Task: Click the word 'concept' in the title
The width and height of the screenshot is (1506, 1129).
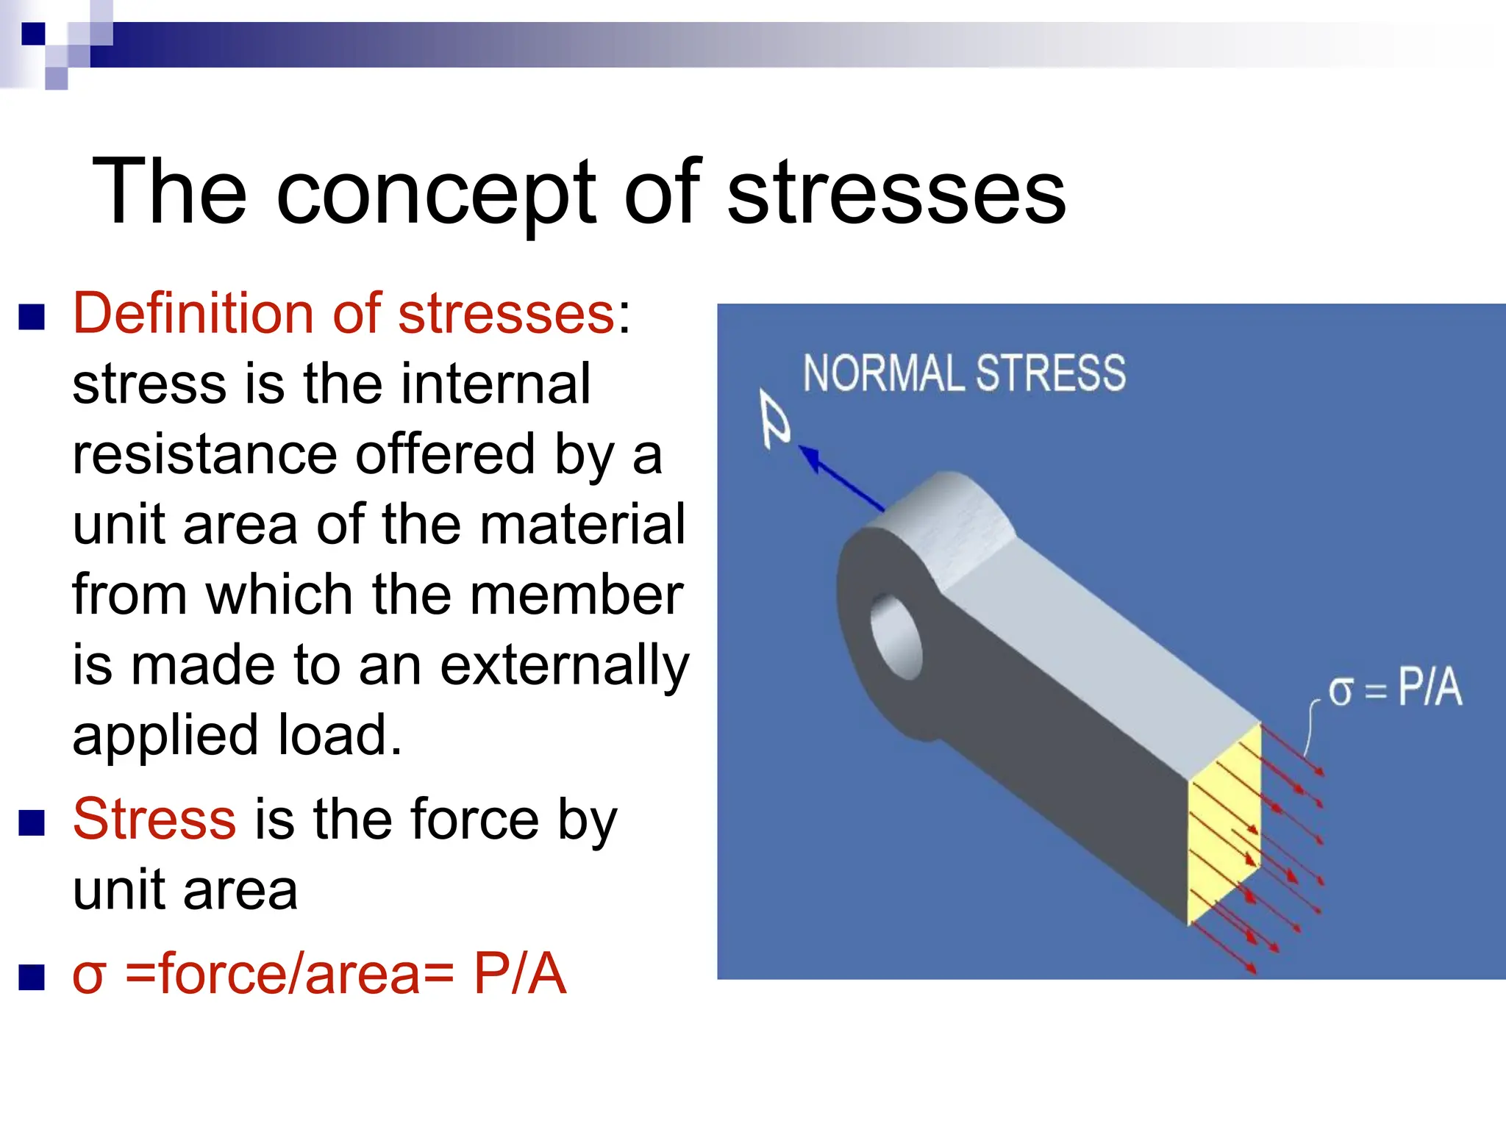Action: click(435, 193)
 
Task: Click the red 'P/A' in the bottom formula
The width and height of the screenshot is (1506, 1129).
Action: click(519, 974)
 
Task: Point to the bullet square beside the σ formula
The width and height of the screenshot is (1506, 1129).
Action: click(32, 977)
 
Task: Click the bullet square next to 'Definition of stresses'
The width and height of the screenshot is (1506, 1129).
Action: click(32, 318)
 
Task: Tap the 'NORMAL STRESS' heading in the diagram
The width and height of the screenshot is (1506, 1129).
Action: click(963, 373)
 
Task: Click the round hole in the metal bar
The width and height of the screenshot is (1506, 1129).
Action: click(896, 637)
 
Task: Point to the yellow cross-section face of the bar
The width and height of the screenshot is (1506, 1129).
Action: click(1224, 823)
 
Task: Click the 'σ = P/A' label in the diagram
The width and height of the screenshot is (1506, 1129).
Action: click(1394, 689)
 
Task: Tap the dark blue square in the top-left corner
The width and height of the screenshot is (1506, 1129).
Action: click(33, 34)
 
